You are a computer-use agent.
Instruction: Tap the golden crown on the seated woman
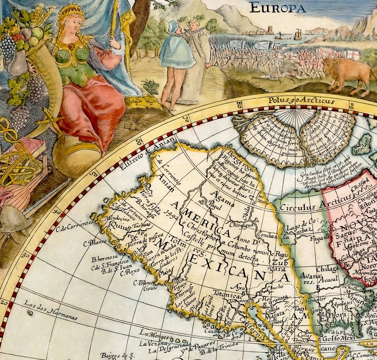[71, 11]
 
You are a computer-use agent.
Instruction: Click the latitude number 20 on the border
[5, 302]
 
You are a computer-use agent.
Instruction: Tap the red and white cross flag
[352, 55]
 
